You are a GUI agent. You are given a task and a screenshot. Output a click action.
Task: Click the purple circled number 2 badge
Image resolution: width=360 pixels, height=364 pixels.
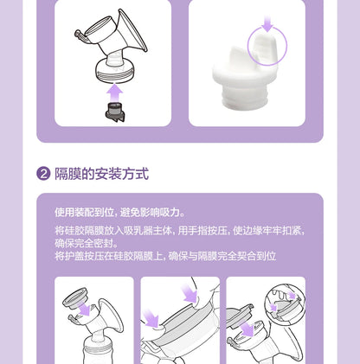(42, 174)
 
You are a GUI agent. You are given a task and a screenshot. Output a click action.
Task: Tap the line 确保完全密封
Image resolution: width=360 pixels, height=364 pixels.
(86, 243)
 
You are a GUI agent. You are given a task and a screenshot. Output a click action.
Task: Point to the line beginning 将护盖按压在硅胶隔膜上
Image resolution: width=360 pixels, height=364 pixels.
(165, 256)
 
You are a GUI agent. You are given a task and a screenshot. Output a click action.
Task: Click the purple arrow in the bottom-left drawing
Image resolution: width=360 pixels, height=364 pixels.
(84, 310)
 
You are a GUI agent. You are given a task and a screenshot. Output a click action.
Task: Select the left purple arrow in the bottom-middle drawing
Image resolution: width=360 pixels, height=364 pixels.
(151, 320)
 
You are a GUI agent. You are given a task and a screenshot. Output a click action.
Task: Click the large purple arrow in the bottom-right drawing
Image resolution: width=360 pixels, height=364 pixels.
(248, 329)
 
